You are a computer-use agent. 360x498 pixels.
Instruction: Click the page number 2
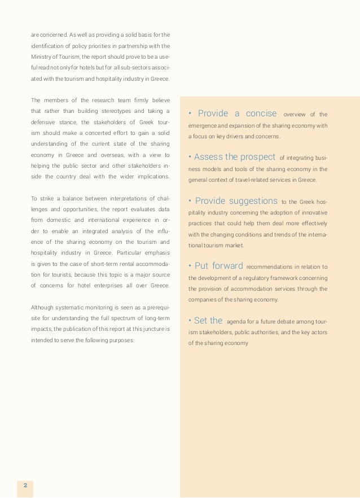point(25,484)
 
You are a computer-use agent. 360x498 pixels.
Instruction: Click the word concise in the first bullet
point(261,114)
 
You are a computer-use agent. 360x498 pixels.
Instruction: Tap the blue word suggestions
point(253,201)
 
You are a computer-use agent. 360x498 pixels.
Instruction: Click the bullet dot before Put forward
point(190,266)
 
